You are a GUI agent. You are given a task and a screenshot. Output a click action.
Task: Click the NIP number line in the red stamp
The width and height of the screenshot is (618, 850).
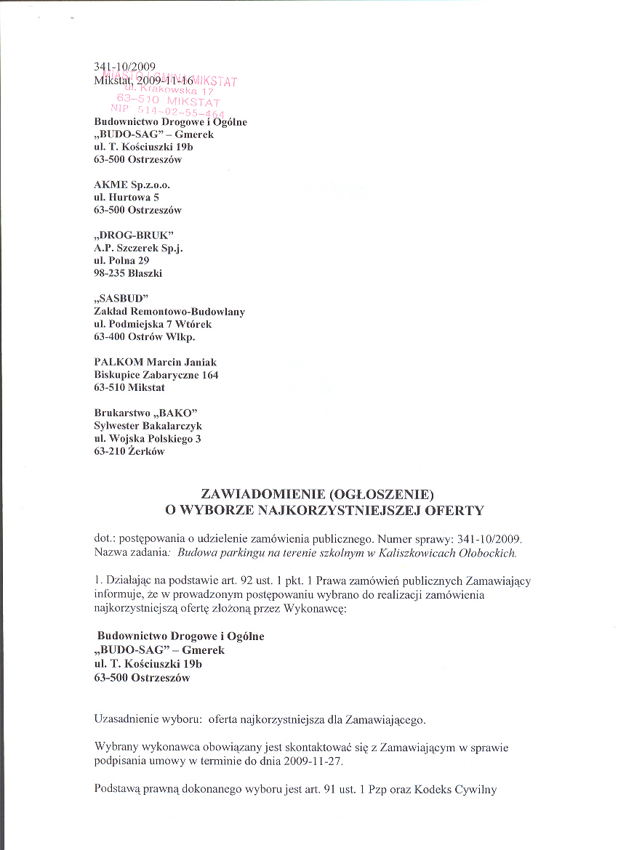coord(167,111)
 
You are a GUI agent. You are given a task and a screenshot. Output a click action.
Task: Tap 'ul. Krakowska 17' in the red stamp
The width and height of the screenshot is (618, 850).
coord(167,90)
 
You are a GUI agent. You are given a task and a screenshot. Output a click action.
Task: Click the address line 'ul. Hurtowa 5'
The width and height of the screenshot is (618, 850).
coord(127,197)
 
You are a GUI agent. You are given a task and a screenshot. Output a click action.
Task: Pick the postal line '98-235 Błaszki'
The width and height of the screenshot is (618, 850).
coord(129,273)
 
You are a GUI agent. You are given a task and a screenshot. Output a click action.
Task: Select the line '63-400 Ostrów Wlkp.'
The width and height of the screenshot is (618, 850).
coord(145,337)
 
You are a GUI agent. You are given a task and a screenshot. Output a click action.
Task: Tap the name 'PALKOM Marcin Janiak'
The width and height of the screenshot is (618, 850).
coord(156,362)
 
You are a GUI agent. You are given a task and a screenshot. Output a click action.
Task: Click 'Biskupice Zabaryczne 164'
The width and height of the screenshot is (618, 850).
coord(156,375)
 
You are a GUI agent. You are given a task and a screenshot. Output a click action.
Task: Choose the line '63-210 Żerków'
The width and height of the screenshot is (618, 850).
coord(129,451)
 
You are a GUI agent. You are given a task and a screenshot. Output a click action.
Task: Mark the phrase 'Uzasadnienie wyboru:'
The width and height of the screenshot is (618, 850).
coord(148,719)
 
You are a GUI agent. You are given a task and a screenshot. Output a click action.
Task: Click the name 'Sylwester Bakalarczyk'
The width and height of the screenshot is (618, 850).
coord(148,426)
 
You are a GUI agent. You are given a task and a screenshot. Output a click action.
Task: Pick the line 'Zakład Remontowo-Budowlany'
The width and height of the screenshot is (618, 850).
coord(169,311)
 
